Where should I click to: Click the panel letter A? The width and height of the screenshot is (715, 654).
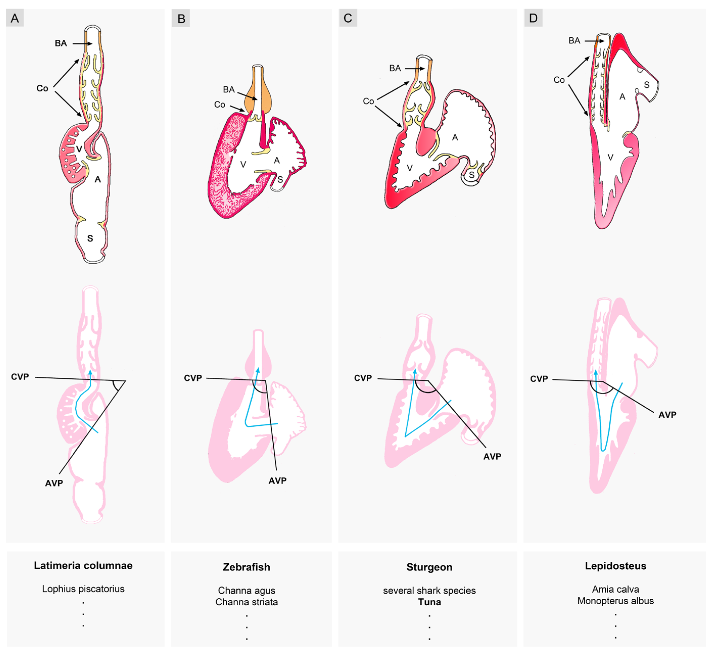point(15,18)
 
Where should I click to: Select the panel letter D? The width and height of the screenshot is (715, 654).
point(533,18)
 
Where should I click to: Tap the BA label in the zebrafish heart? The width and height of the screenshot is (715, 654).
point(229,89)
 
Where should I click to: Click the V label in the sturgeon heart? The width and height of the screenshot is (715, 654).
point(410,168)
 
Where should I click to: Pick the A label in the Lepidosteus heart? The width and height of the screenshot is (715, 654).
point(622,97)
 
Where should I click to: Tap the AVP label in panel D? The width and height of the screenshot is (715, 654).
point(667,415)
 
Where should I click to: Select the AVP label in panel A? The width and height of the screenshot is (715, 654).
point(54,483)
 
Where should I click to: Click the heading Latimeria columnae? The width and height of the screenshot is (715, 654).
point(83,566)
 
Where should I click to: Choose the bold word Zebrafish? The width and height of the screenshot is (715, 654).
point(247,567)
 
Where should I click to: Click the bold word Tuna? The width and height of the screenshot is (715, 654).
point(430,602)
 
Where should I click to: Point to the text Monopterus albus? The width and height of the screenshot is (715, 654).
point(615,601)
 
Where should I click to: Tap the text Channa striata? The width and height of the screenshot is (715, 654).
point(247,602)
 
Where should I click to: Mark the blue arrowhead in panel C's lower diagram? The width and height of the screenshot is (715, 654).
point(414,371)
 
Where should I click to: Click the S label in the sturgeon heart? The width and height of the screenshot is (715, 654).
point(471,175)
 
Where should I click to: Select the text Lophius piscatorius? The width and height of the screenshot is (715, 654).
point(83,589)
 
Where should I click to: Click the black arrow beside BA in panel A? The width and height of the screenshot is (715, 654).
point(82,44)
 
